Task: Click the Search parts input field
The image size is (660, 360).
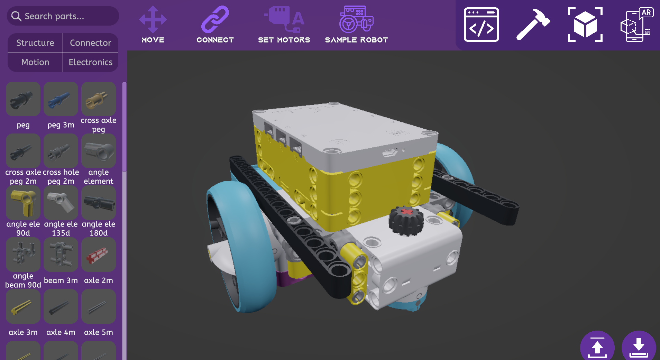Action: (63, 16)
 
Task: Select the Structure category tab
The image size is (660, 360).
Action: (35, 43)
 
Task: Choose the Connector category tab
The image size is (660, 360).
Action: (91, 43)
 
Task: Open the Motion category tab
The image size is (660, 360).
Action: (35, 62)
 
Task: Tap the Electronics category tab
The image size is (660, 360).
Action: (91, 62)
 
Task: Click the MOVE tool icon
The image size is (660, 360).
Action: (153, 20)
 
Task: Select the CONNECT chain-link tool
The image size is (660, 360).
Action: (215, 19)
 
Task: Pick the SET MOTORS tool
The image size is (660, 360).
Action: (284, 19)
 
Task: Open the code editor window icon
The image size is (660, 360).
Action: (481, 25)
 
